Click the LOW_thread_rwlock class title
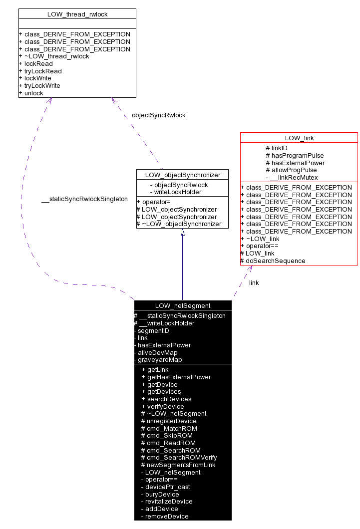click(77, 14)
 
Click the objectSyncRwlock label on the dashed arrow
click(158, 115)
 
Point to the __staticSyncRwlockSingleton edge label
click(84, 199)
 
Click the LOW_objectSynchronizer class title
click(182, 175)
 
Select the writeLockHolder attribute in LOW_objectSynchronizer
click(177, 192)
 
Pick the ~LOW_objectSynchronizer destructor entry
click(181, 224)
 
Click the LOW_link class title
click(299, 138)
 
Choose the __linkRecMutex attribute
click(295, 178)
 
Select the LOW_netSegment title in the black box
click(183, 306)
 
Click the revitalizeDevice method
click(169, 502)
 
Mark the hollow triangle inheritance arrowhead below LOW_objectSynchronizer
click(183, 233)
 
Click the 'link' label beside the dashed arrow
click(254, 283)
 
